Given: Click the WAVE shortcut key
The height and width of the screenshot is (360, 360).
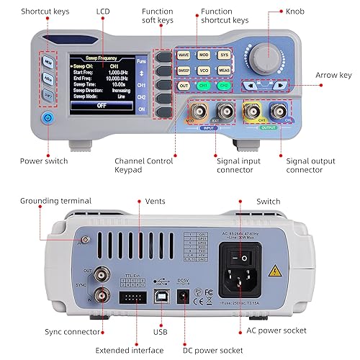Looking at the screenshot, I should pos(184,55).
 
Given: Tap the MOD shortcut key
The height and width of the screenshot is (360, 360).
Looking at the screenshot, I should pos(204,55).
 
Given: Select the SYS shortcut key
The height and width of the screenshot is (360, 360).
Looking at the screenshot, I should pos(224,55).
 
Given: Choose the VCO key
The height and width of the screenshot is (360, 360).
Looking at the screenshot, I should pos(204,71).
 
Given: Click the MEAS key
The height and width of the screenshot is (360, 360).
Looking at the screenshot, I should pos(224,71).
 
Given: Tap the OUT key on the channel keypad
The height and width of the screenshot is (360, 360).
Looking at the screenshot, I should pos(184,86).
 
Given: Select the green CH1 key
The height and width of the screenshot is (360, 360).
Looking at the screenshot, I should pos(204,86).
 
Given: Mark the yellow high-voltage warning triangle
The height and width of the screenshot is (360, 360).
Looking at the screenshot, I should pos(276,271).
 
